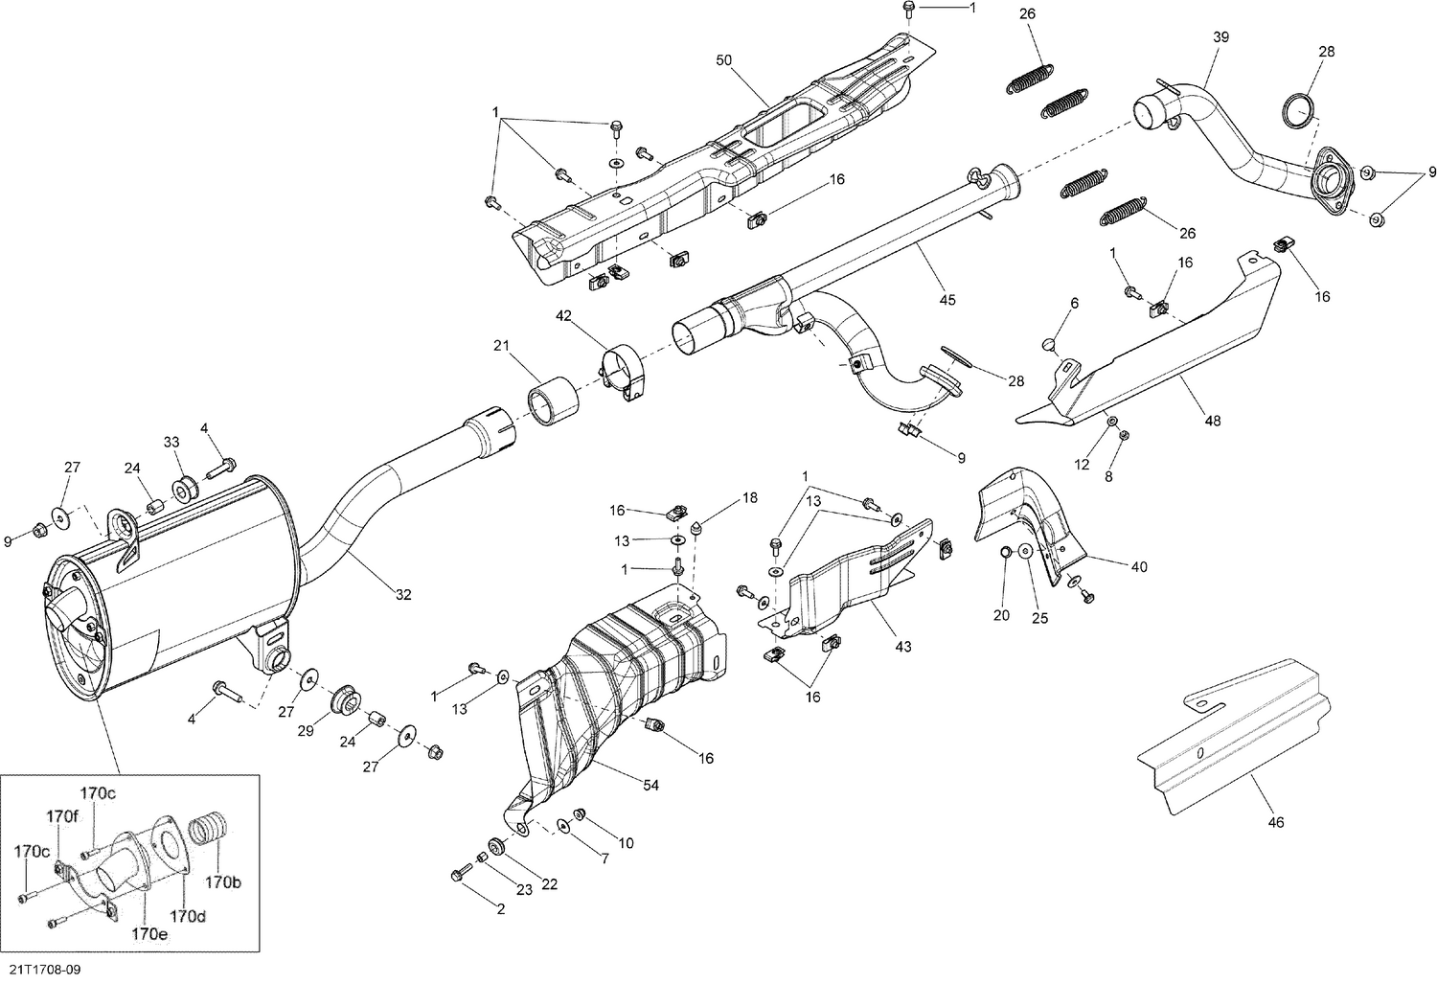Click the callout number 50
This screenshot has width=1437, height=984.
pos(723,60)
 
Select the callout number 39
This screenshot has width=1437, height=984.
pos(1220,36)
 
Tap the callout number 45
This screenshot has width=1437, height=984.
pos(947,300)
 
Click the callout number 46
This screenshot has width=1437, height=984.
pos(1276,821)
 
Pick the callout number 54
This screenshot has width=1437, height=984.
pos(650,786)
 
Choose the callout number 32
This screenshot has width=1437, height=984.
pos(403,595)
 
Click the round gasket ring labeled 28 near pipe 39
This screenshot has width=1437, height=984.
pos(1298,110)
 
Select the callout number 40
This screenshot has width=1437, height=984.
pos(1138,567)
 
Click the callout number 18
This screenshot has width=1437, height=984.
pos(749,498)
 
